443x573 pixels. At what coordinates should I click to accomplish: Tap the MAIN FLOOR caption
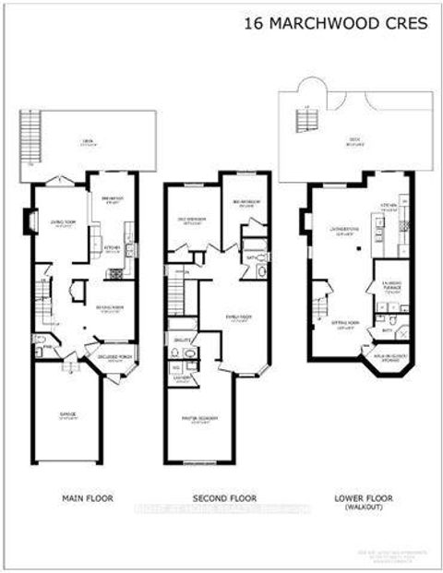tap(87, 497)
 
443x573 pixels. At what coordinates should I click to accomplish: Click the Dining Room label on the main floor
tap(110, 309)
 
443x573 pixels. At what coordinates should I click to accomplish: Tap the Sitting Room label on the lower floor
tap(346, 325)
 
